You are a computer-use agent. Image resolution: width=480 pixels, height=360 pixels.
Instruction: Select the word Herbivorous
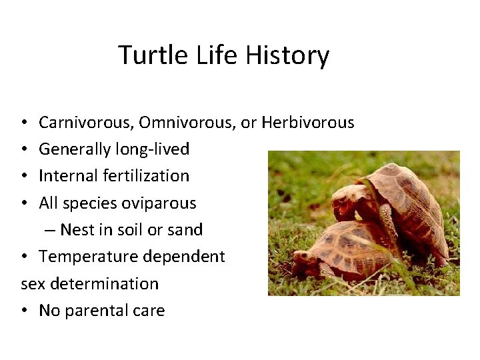307,123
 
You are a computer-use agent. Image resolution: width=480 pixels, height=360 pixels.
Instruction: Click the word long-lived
153,149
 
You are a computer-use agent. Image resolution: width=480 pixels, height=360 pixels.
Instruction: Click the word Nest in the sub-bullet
77,230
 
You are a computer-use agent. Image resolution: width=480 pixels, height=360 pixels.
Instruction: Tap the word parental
97,311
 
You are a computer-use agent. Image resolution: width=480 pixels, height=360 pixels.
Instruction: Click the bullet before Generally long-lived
23,150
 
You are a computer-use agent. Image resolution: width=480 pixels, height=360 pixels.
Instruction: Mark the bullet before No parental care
23,311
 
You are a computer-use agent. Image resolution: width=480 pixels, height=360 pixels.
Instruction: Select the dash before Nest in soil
50,231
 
